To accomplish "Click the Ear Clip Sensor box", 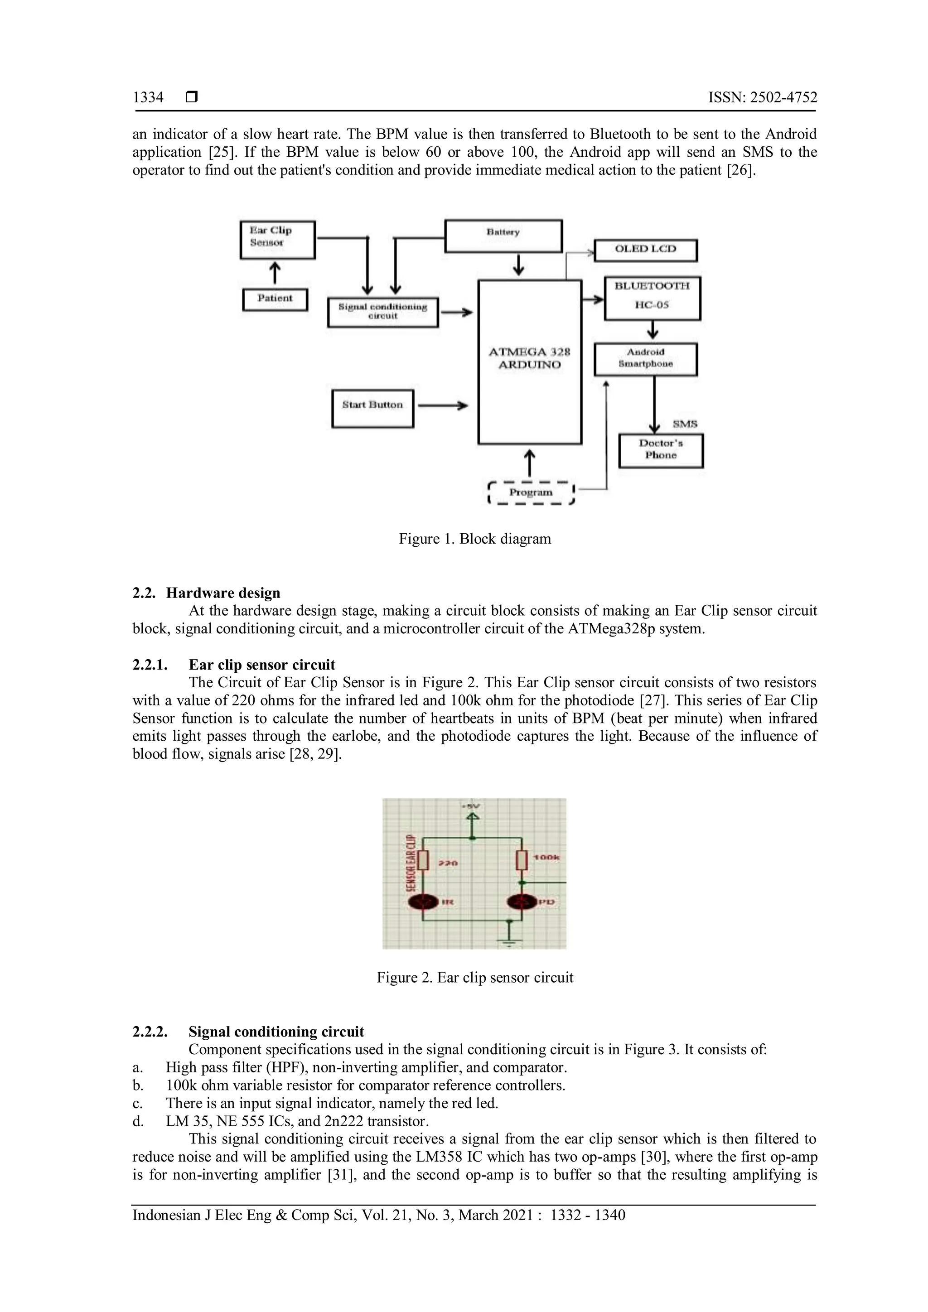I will tap(277, 240).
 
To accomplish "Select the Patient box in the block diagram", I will tap(275, 299).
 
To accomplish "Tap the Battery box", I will tap(503, 236).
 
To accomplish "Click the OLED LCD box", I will tap(645, 250).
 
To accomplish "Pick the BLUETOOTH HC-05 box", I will tap(652, 298).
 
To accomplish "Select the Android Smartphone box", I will tap(646, 359).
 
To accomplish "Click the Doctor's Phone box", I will tap(661, 450).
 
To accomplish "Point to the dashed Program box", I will tap(531, 492).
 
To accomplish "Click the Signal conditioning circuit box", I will tap(382, 312).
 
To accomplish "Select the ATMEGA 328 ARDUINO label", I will tap(529, 358).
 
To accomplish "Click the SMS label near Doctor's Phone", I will tap(685, 424).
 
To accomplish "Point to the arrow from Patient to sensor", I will tap(275, 273).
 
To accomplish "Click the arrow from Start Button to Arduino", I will tap(443, 406).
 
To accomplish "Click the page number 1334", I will tap(148, 98).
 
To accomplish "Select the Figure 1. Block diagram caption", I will tap(474, 539).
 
